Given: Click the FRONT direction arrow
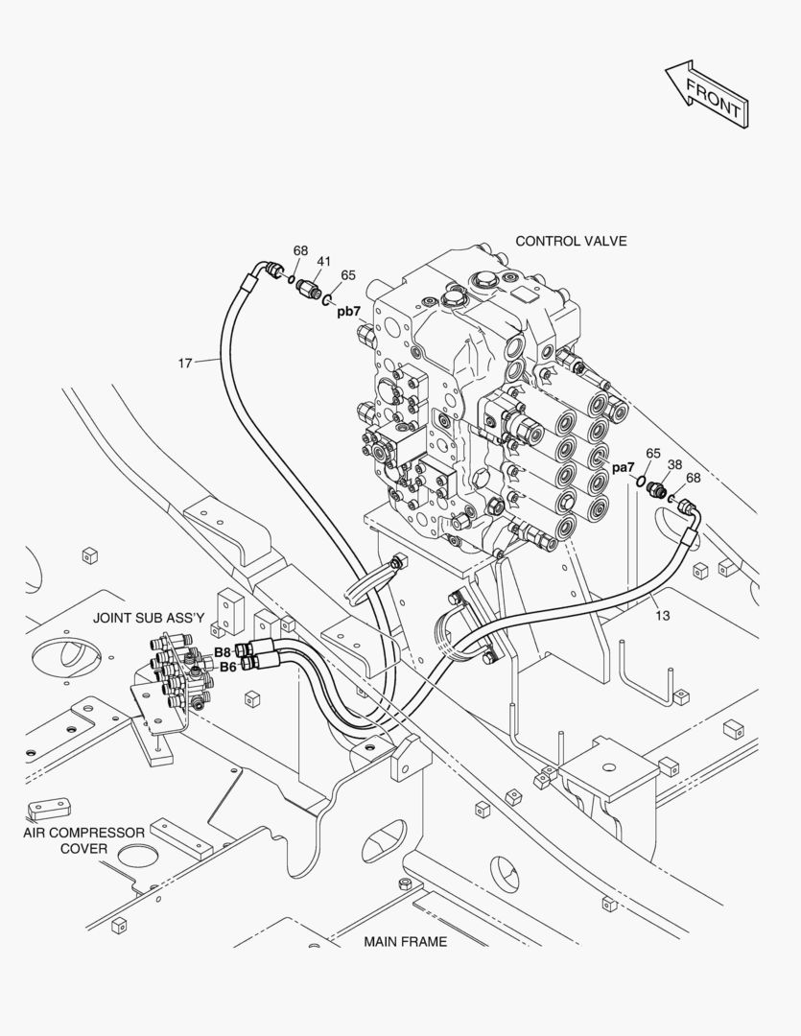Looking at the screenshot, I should click(708, 93).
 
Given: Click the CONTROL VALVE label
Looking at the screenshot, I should click(571, 241).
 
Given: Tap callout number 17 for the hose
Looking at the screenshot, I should click(185, 363).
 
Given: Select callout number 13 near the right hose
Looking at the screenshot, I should click(662, 615).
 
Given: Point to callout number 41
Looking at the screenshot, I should click(324, 262).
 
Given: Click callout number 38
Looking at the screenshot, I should click(674, 464).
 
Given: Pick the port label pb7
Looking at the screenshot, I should click(348, 311).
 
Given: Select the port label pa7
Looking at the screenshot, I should click(624, 467).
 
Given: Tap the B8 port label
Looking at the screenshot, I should click(223, 651).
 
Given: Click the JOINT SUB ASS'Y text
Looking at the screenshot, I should click(149, 618).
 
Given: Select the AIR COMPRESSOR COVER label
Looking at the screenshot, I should click(84, 840).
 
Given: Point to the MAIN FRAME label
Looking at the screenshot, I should click(405, 941).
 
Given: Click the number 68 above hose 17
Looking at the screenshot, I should click(300, 251).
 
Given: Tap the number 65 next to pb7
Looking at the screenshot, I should click(348, 274).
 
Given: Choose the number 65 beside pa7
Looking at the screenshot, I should click(652, 454).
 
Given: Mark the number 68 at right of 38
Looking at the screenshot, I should click(693, 478).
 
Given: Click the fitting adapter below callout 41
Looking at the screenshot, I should click(308, 286).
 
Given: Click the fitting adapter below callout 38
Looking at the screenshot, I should click(658, 490).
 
